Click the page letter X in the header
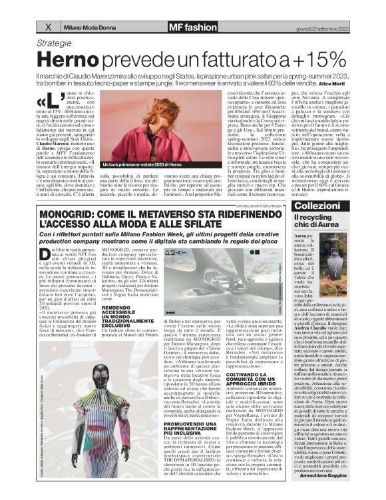coord(48,27)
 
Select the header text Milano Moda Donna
coord(89,27)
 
